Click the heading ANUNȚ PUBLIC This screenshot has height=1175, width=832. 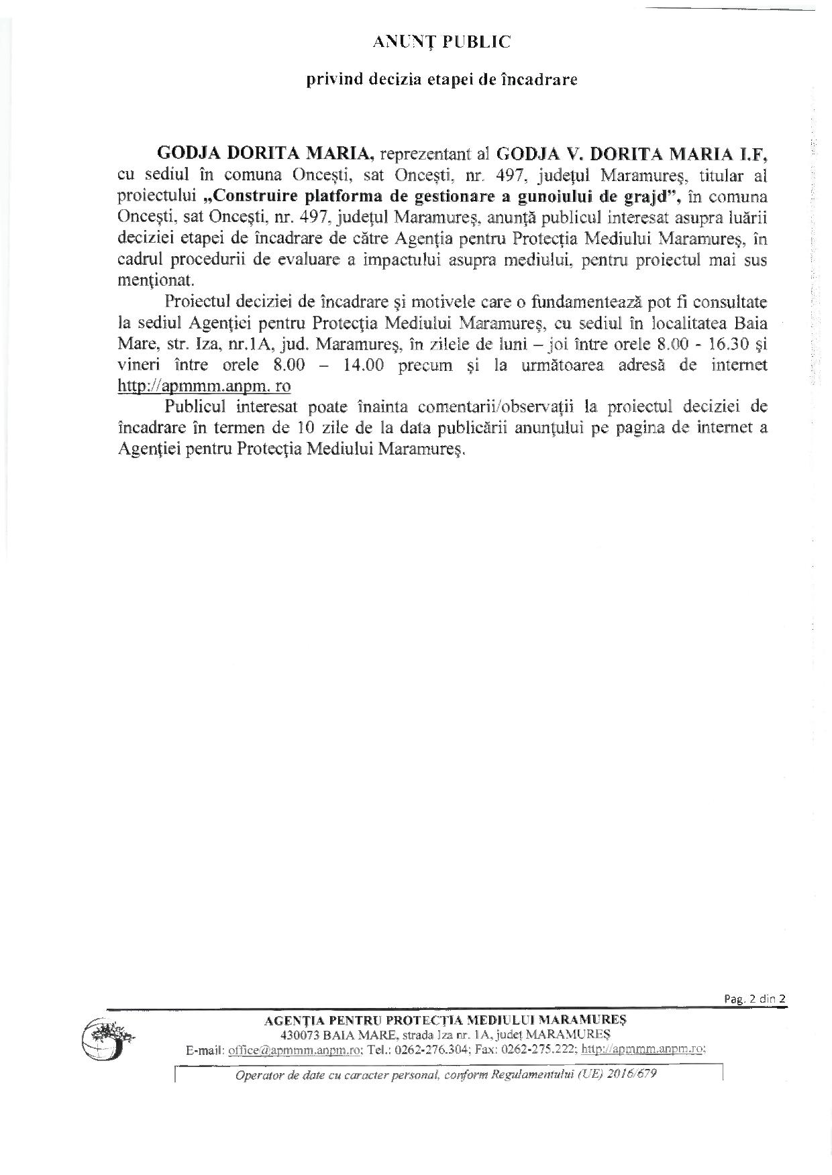441,42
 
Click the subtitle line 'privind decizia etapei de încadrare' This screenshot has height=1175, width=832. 442,80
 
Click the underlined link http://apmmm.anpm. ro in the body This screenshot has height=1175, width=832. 204,386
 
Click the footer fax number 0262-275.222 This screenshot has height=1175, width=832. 541,1050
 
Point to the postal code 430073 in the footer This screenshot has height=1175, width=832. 299,1035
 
